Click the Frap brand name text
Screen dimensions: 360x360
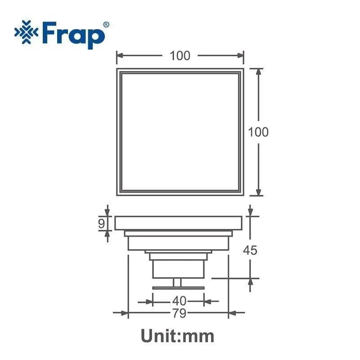73,35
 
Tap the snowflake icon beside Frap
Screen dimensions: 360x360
26,32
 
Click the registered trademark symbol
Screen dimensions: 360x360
106,25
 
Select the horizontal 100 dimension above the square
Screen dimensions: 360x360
180,56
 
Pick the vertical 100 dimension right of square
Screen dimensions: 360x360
258,132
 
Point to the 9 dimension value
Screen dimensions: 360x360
102,223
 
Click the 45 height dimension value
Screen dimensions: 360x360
250,250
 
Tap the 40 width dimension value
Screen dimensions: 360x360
179,301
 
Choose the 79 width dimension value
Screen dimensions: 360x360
179,313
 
